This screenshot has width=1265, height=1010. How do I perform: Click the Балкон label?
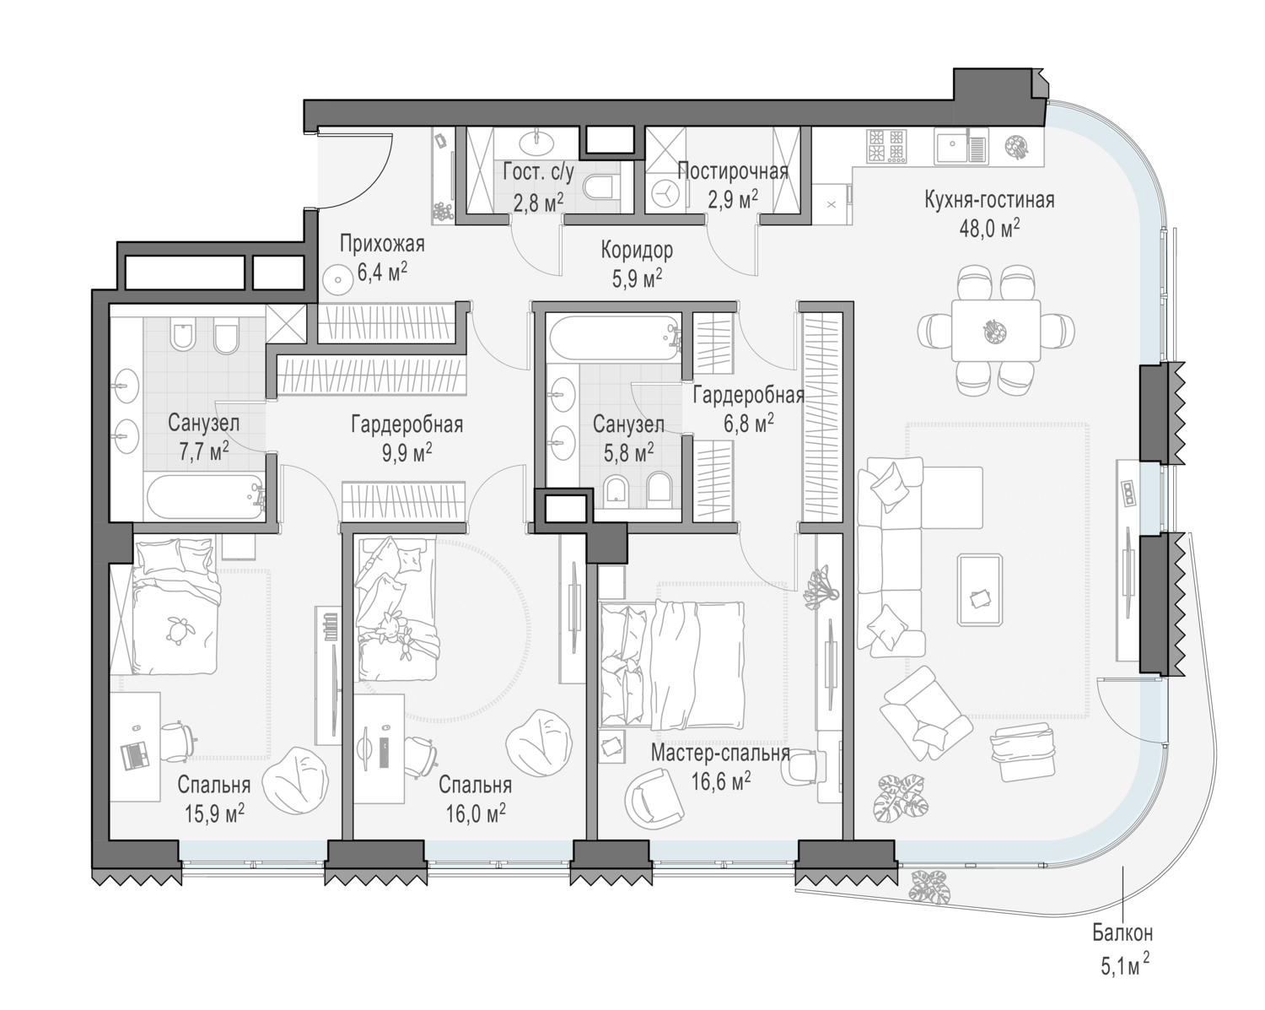tap(1122, 932)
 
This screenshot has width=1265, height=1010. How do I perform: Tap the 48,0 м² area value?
tap(989, 228)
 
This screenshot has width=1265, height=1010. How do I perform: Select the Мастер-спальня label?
tap(720, 753)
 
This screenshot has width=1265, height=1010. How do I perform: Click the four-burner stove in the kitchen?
tap(885, 146)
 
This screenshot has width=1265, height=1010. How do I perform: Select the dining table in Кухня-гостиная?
tap(996, 330)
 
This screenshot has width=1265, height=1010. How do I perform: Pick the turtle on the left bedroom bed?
tap(175, 629)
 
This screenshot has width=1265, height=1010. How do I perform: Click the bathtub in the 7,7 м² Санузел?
tap(205, 497)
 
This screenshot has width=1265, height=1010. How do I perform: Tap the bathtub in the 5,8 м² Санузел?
tap(615, 338)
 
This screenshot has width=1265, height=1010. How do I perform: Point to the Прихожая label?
tap(382, 244)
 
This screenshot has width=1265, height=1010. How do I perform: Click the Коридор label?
tap(637, 251)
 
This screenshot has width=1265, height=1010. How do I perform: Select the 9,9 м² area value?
tap(406, 453)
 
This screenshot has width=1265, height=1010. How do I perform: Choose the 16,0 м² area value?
tap(476, 814)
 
